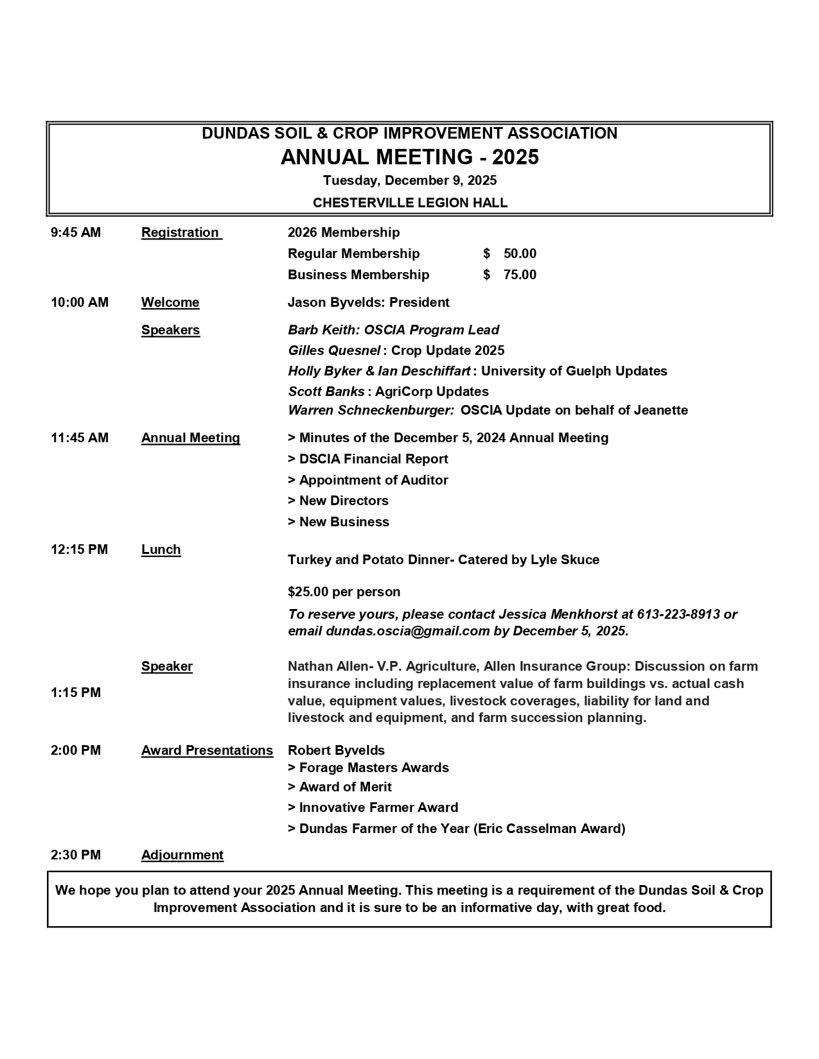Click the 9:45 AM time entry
(76, 232)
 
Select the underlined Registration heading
(181, 232)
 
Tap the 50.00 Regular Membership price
(520, 254)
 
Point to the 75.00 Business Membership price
(520, 275)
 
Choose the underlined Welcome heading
(170, 302)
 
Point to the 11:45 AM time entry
(80, 438)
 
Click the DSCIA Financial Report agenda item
(368, 459)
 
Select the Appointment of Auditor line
(368, 480)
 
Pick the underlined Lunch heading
(161, 549)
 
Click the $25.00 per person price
(344, 592)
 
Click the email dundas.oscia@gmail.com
(407, 631)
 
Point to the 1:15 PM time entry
(76, 693)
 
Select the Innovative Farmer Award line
(373, 807)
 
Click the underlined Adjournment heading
(182, 855)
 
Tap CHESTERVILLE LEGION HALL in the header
(410, 203)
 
